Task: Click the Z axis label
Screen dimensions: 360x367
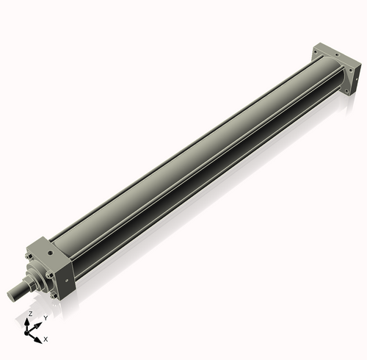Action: coord(29,314)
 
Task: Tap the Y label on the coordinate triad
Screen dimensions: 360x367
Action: coord(46,317)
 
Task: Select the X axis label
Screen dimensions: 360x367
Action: coord(46,339)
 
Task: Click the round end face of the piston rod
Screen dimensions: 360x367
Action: coord(12,295)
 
